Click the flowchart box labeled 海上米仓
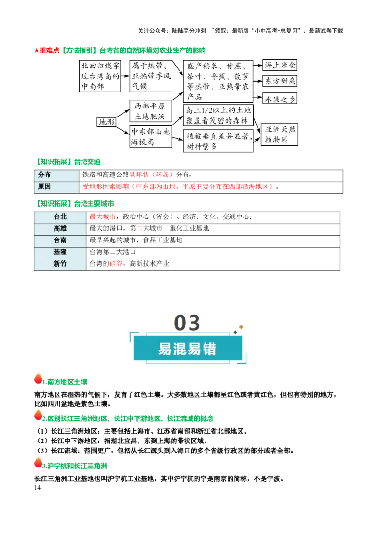coord(280,65)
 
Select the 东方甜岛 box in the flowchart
coord(280,81)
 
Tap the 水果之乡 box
coord(280,99)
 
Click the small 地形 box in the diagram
coord(107,122)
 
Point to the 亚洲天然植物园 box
coord(279,134)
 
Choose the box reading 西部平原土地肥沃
coord(150,111)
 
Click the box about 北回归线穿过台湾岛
coord(100,76)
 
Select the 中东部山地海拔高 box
coord(150,136)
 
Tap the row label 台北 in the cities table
coord(60,217)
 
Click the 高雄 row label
coord(60,228)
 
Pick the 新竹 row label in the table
coord(60,264)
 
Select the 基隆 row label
coord(60,252)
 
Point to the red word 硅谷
coord(116,264)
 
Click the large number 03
coord(187,323)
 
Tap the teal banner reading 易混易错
coord(188,349)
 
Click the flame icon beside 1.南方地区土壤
coord(39,378)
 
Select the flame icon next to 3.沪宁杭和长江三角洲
coord(39,462)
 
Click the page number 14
coord(37,488)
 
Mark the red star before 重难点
coord(36,51)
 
